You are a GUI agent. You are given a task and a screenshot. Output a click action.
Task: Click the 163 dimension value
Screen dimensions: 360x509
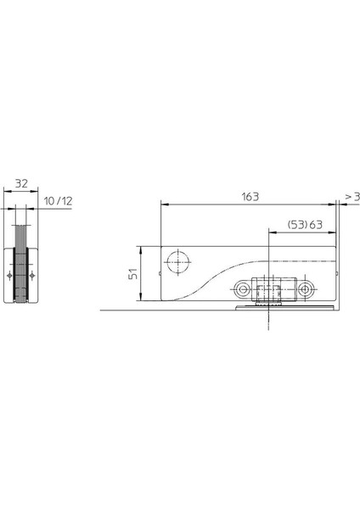pos(250,197)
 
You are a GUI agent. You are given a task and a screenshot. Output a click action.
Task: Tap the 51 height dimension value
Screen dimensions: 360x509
pos(133,274)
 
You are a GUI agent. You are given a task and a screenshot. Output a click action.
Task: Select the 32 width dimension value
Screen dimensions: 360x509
pos(21,183)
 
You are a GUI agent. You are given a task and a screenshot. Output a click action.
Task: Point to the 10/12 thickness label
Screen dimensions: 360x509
pos(58,201)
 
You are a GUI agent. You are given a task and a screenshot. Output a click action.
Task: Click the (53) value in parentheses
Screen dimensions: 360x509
pos(298,224)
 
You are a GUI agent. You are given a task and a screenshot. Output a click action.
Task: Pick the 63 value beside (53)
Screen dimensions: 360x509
pos(316,224)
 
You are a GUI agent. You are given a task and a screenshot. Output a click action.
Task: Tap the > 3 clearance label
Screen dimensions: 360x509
pos(352,197)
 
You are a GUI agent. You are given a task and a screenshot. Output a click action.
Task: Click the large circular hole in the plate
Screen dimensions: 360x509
pos(178,262)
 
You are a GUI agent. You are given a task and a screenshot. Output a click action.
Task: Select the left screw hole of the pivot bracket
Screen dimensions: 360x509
pos(241,288)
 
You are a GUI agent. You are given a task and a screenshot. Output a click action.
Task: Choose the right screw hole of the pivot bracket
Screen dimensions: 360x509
pos(305,288)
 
